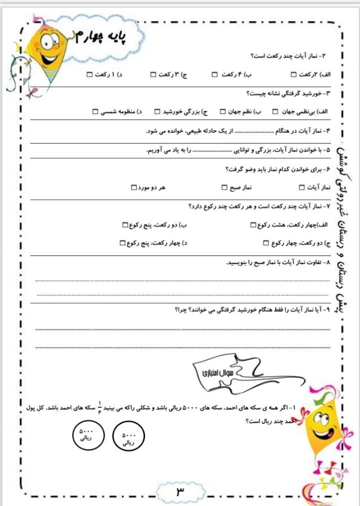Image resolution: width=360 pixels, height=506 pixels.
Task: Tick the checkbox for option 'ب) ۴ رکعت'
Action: point(214,75)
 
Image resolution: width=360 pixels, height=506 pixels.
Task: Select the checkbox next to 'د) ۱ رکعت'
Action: point(89,75)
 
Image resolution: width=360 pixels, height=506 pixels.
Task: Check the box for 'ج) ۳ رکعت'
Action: point(153,75)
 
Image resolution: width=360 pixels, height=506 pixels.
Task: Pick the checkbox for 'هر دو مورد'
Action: point(133,187)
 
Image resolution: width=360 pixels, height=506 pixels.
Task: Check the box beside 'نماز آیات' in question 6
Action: point(301,187)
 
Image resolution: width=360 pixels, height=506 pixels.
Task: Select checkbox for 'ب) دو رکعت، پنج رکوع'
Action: point(125,225)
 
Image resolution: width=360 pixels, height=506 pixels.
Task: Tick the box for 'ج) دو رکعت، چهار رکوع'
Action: point(266,243)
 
